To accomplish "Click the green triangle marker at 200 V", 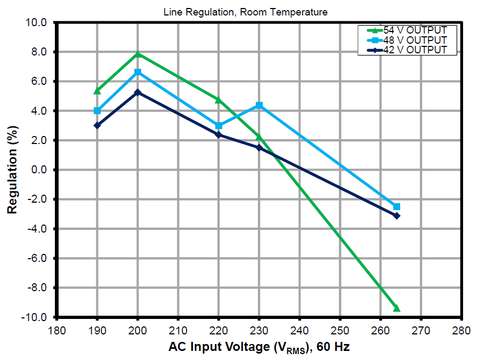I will click(x=138, y=54).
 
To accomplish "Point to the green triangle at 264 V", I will click(x=396, y=308).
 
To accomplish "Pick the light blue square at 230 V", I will click(x=259, y=106).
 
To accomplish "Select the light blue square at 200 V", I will click(x=138, y=72).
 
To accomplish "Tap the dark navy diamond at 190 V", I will click(x=98, y=125).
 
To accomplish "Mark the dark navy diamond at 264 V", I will click(x=396, y=215).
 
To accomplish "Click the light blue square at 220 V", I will click(x=218, y=126).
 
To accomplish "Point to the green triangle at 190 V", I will click(x=98, y=91).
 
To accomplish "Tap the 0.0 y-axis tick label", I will click(x=40, y=170).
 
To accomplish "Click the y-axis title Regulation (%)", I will click(x=13, y=170).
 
